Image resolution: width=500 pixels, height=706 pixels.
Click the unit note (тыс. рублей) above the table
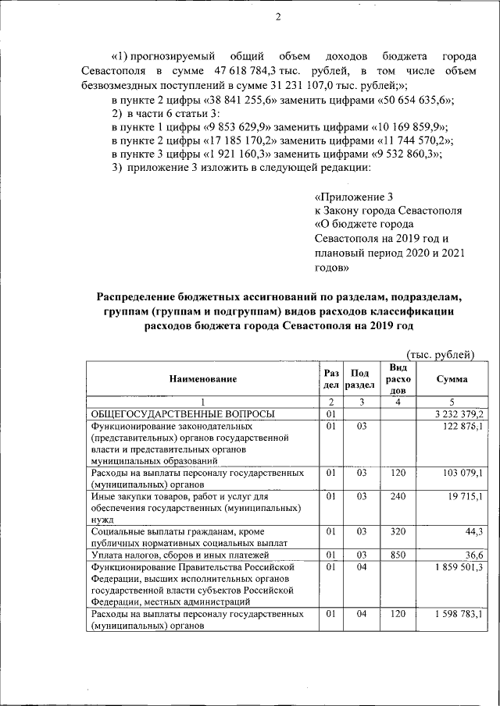[441, 355]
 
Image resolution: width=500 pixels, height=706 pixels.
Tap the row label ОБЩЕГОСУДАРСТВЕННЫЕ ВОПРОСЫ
[181, 414]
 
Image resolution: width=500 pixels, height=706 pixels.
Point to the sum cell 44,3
[473, 531]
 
